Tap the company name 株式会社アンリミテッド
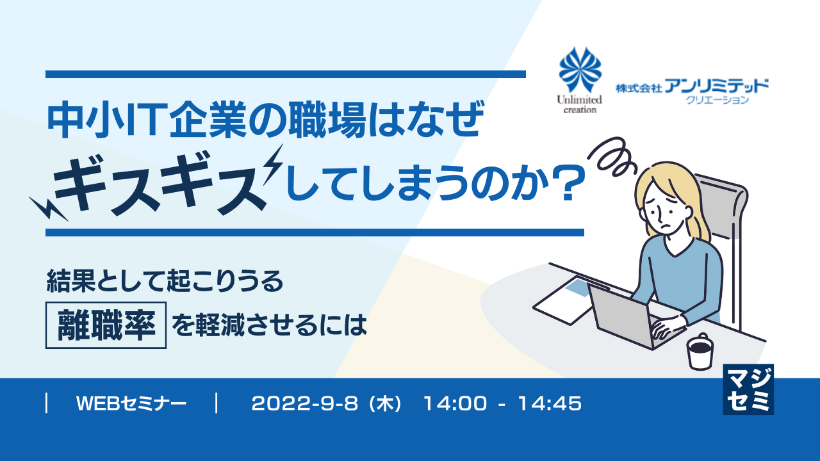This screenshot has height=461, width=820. coord(692,86)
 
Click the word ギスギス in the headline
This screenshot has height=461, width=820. coord(160,182)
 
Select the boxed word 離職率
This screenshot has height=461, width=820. coord(106,326)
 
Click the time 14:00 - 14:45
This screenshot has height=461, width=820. coord(502,403)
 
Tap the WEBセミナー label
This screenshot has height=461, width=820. coord(131,403)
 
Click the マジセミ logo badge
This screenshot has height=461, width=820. coord(748,389)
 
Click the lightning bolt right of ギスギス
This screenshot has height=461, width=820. coord(277,165)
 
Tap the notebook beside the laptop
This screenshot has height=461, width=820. coord(561,296)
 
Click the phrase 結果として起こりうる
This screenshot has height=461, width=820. coord(164,282)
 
